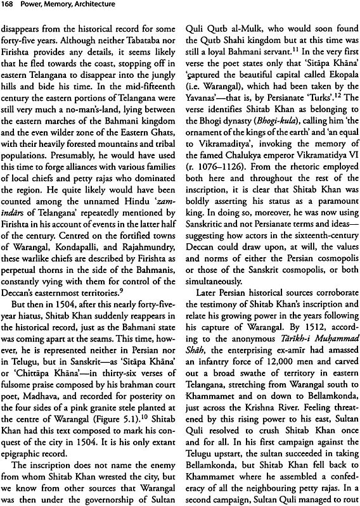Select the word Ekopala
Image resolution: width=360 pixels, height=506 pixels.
point(323,91)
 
